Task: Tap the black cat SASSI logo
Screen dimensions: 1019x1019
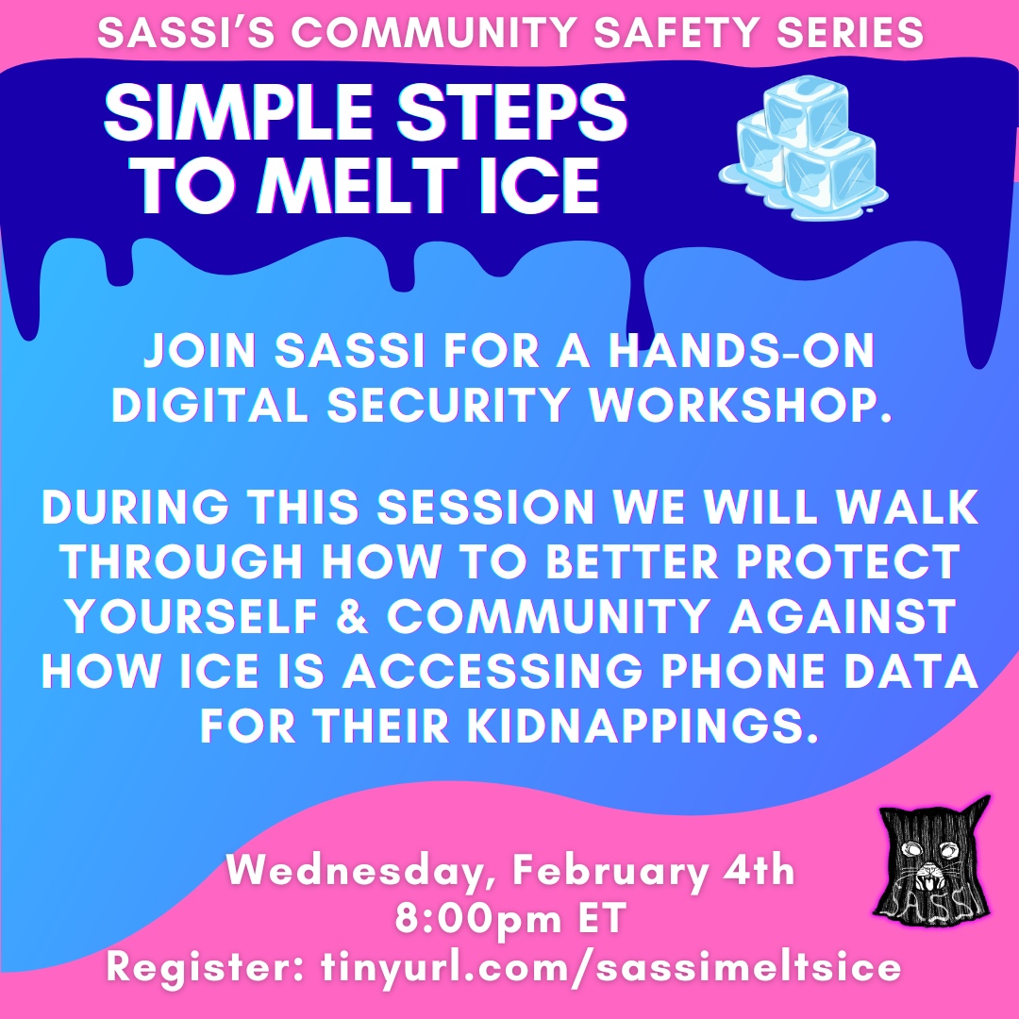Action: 934,857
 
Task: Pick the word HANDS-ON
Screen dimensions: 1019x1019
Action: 742,351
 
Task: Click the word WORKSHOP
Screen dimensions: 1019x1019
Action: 741,406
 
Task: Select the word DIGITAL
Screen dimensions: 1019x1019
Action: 210,406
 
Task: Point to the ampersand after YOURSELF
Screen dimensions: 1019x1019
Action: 353,616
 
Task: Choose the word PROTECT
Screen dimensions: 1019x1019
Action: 848,561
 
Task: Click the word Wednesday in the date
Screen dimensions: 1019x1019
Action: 363,871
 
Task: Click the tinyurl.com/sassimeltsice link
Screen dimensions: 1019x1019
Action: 611,968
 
